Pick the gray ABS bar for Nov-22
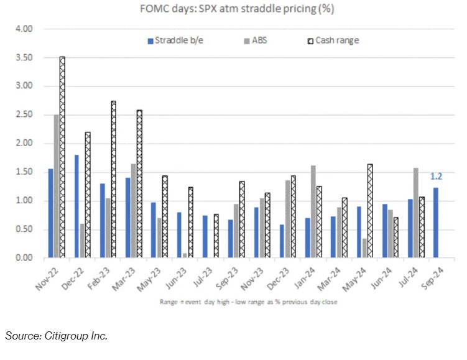coord(56,186)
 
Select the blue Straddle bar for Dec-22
coord(76,206)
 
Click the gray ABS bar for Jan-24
coord(313,211)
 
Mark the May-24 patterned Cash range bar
coord(370,211)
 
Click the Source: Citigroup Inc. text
coord(57,336)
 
